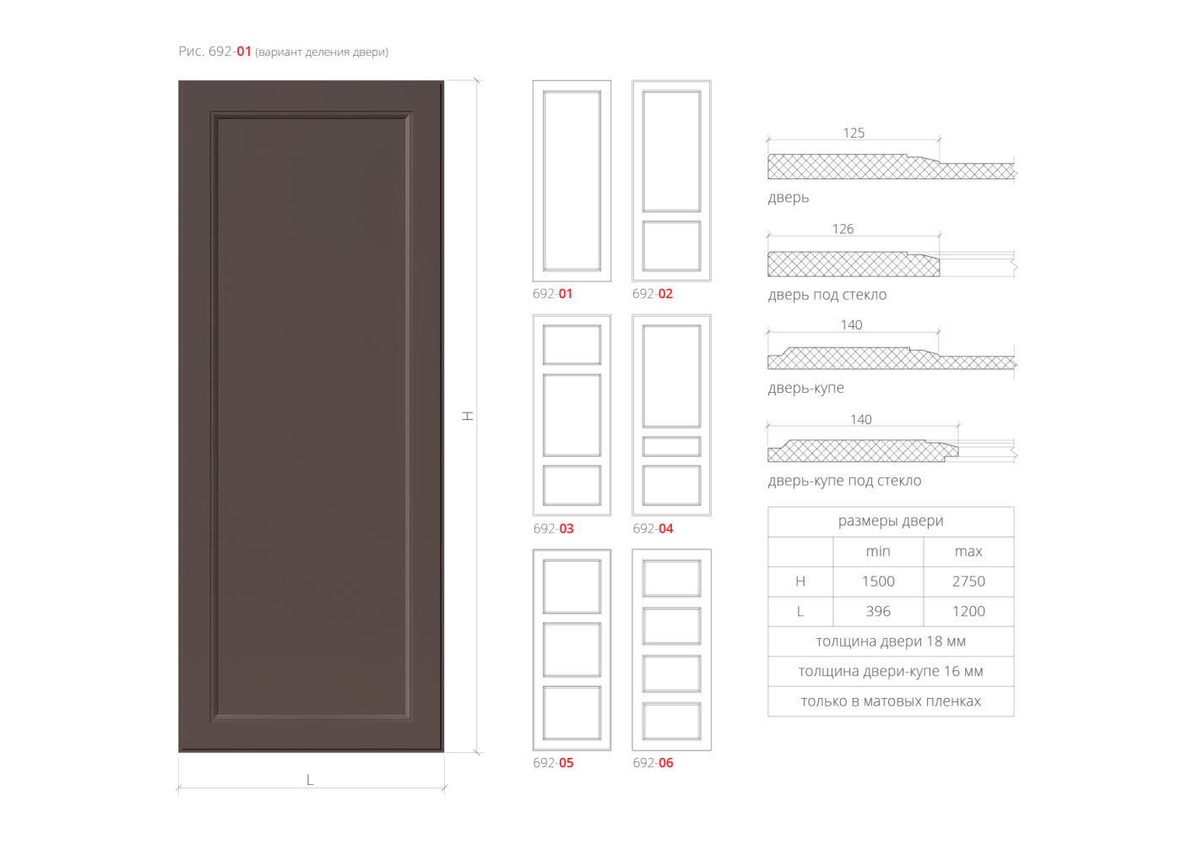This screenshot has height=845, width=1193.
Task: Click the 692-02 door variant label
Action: coord(653,294)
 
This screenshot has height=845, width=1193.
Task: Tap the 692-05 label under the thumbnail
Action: coord(553,763)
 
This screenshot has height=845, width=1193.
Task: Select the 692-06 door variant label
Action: coord(653,763)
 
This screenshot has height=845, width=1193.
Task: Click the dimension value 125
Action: coord(854,133)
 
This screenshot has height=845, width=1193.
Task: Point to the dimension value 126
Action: coord(843,229)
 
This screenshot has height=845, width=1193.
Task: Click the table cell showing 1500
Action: coord(878,581)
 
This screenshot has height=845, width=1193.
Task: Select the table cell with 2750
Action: coord(968,581)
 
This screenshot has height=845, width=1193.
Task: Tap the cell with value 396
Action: coord(878,611)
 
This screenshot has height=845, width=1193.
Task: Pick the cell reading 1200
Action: coord(968,611)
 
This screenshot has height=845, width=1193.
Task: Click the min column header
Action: coord(878,551)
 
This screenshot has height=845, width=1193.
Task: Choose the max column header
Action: coord(968,551)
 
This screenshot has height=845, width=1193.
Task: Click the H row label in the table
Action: coord(800,581)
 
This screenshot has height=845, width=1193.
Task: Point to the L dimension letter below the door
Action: coord(310,780)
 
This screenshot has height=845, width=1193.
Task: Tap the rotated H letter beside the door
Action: coord(468,416)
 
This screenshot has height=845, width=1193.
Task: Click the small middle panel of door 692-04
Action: coord(671,447)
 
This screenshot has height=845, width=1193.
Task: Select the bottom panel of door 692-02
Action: coord(671,246)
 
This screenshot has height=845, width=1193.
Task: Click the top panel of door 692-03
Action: coord(572,345)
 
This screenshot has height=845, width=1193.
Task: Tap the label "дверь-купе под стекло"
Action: coord(844,481)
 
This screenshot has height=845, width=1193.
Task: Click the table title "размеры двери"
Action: coord(891,521)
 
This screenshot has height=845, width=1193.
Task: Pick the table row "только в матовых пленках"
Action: coord(891,701)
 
